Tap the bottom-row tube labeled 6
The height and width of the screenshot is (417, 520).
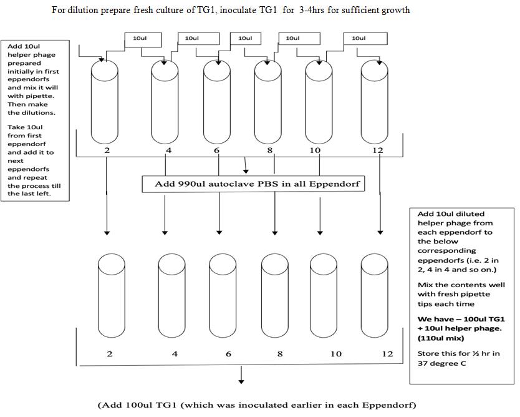(x=223, y=296)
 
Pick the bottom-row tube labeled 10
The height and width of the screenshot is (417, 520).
(x=324, y=296)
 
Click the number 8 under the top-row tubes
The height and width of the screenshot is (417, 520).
(x=269, y=150)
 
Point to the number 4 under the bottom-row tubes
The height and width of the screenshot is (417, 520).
(x=175, y=354)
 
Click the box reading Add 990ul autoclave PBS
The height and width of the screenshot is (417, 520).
(x=253, y=184)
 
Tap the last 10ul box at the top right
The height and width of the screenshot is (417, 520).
(x=365, y=39)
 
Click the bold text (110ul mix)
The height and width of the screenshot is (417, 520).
(x=441, y=338)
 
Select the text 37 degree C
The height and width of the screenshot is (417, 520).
(x=441, y=363)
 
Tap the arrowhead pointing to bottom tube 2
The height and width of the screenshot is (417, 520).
(x=107, y=232)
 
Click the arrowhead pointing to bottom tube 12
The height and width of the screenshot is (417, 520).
(x=380, y=232)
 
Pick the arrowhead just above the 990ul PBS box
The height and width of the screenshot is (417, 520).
(x=246, y=171)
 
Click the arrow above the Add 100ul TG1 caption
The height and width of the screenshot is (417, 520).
(x=241, y=375)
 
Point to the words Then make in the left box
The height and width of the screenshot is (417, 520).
(x=27, y=104)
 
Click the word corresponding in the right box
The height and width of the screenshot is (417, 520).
(x=446, y=251)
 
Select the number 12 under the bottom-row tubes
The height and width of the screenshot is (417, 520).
(x=387, y=354)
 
